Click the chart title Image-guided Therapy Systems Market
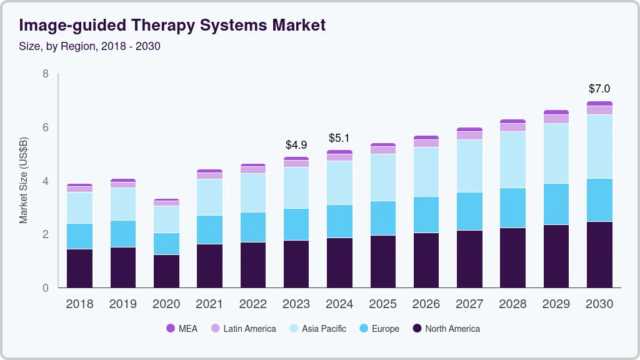click(172, 26)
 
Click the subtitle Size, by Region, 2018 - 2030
click(89, 46)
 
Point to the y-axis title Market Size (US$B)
click(24, 181)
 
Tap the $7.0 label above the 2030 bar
click(599, 89)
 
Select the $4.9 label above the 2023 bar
click(296, 145)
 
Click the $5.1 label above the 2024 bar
click(339, 138)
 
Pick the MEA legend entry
click(182, 329)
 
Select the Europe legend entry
click(379, 329)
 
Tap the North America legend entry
click(446, 329)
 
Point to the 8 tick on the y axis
click(46, 74)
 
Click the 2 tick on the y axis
click(46, 234)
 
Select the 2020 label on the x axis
click(166, 304)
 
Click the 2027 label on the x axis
click(469, 304)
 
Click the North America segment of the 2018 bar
click(79, 269)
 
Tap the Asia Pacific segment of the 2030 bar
click(599, 147)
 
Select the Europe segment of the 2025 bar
click(382, 218)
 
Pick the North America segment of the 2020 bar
click(166, 271)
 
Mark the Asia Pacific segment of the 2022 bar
click(252, 192)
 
